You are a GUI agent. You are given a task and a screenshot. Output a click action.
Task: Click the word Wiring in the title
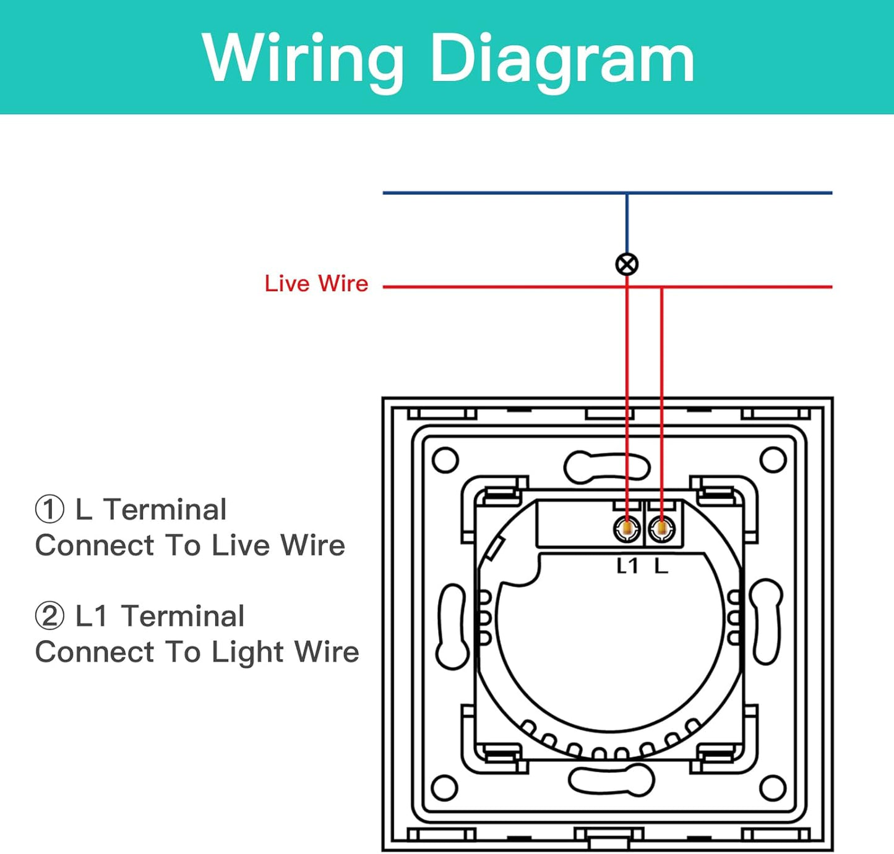(303, 59)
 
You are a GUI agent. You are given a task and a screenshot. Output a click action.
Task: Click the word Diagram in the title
(562, 59)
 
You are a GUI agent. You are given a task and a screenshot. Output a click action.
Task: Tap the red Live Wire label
(316, 284)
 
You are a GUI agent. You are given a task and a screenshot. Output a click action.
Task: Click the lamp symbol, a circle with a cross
(627, 265)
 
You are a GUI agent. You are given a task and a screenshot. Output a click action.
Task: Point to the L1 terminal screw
(627, 529)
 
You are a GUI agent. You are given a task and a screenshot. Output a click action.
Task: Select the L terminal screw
(661, 529)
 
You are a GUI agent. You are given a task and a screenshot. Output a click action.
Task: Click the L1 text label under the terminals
(627, 565)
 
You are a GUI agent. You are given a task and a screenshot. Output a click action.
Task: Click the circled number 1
(49, 510)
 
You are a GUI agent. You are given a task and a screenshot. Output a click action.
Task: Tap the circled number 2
(49, 616)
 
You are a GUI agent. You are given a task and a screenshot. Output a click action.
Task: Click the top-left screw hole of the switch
(445, 460)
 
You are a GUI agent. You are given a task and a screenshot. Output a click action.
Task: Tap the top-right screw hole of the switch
(773, 460)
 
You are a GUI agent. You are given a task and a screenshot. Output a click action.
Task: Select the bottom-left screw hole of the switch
(444, 788)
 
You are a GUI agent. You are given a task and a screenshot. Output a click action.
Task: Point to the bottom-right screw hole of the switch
(773, 788)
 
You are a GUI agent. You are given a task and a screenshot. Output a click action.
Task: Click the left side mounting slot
(452, 626)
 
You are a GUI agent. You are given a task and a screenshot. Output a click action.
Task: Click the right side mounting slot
(767, 621)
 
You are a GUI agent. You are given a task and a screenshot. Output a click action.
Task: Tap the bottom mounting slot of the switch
(611, 780)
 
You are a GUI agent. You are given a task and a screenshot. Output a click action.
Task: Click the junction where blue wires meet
(627, 193)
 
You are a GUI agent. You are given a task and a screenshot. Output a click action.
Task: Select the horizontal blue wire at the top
(495, 193)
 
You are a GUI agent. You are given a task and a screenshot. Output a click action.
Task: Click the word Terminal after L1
(183, 616)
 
